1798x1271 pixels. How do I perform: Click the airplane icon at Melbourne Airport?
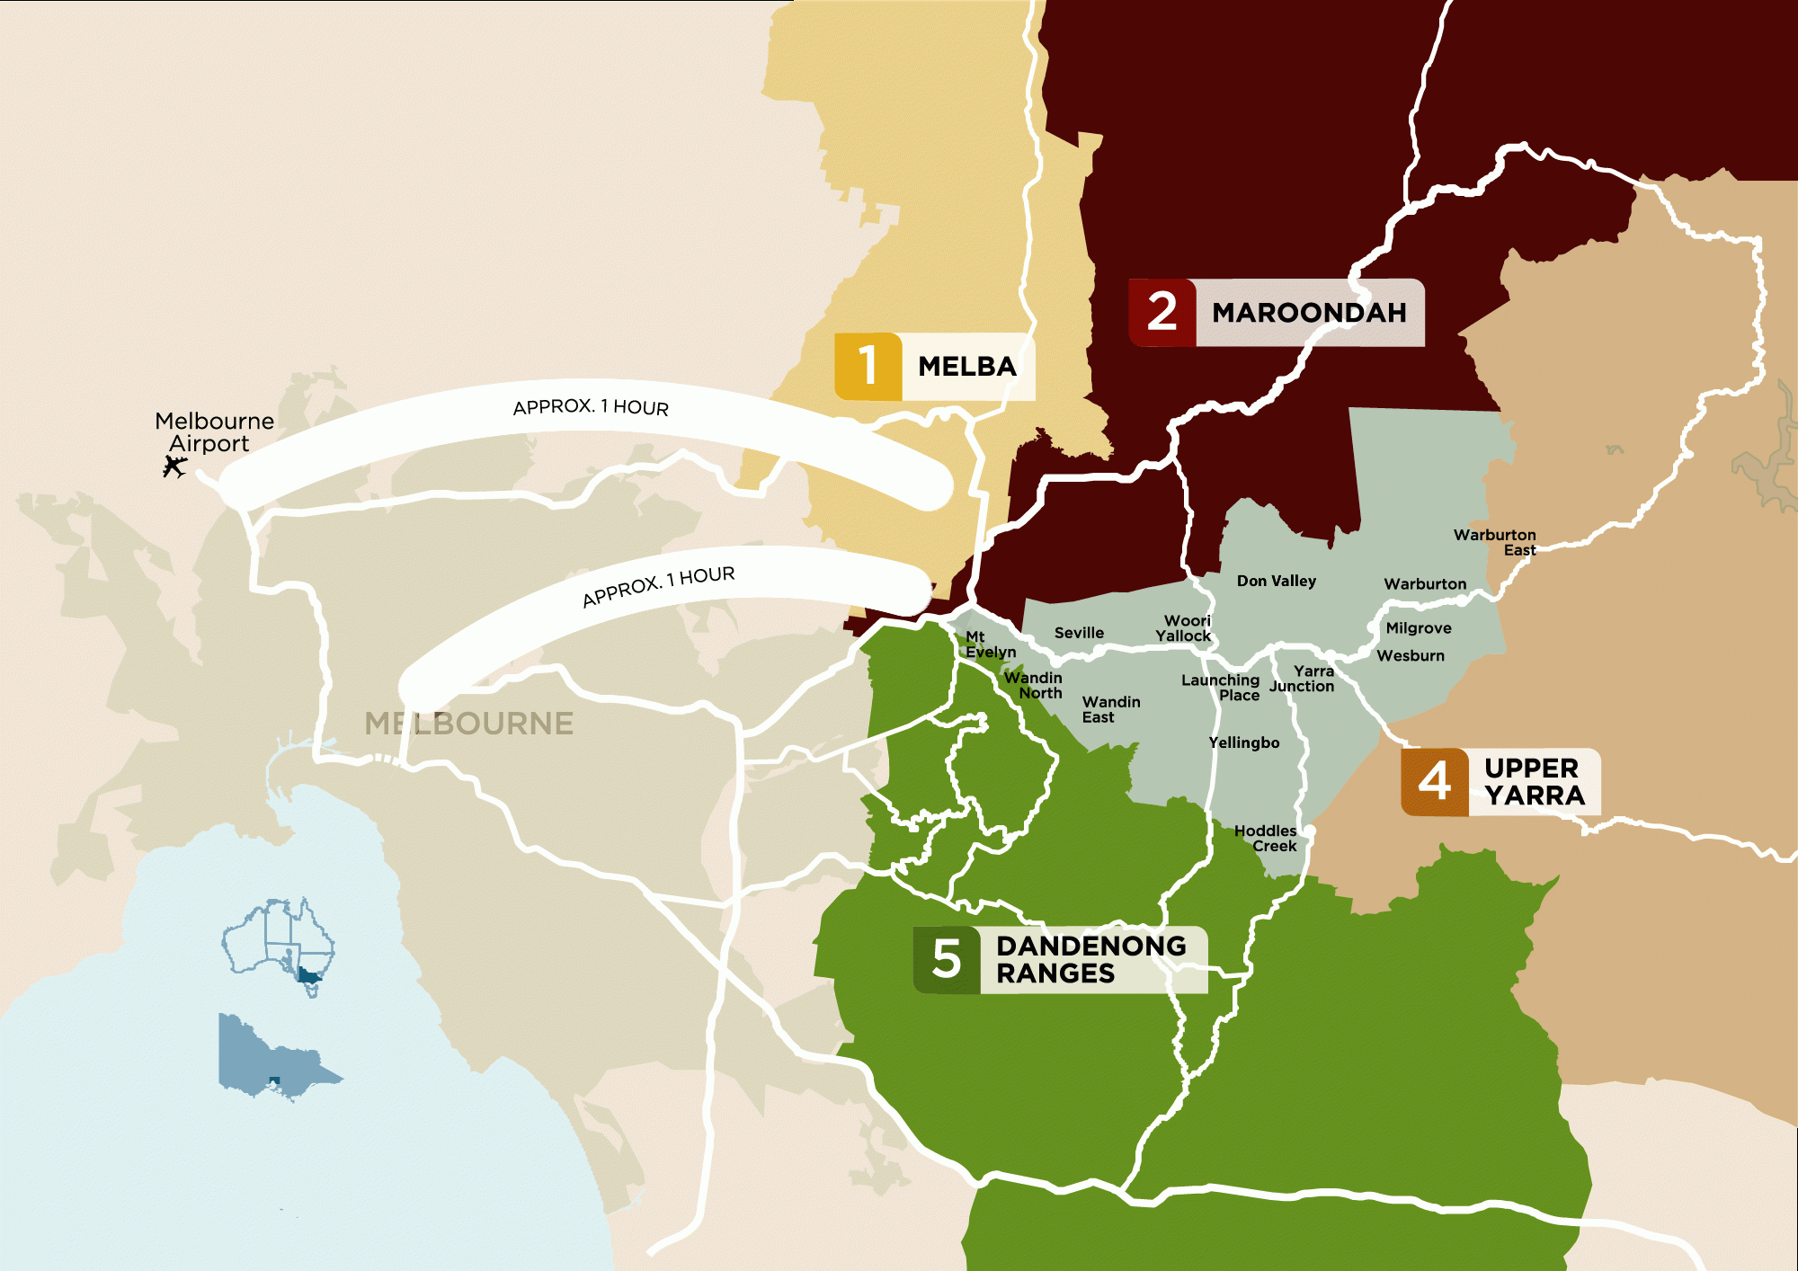[174, 466]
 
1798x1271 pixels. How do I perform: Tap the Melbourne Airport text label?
[213, 432]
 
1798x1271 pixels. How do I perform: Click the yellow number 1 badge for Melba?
[868, 366]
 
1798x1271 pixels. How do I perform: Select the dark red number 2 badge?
[1162, 312]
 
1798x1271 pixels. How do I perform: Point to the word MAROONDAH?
[1308, 313]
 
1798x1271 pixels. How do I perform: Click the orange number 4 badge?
[1434, 781]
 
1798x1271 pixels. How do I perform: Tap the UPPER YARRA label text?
[1534, 781]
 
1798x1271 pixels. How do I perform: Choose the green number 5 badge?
[946, 959]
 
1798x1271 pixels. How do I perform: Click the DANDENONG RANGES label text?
[1090, 959]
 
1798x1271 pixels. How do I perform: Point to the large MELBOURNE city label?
[468, 724]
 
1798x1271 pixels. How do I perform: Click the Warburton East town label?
[1495, 542]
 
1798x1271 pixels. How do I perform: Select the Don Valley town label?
[1276, 581]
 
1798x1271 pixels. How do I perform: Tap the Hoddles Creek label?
[1266, 838]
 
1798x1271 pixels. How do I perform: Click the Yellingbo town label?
[1243, 742]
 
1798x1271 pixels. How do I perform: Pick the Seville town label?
[1079, 633]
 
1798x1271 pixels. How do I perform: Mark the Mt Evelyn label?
[989, 644]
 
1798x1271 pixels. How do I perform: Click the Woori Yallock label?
[1185, 628]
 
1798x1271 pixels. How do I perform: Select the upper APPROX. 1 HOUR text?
[591, 407]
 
